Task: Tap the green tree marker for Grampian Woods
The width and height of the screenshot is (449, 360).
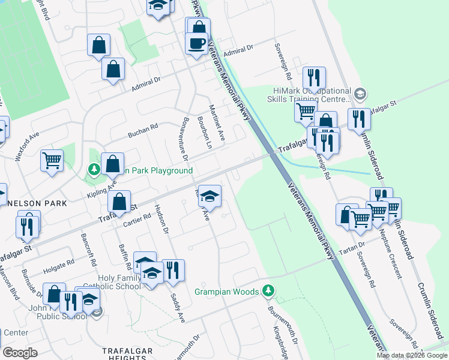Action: (269, 292)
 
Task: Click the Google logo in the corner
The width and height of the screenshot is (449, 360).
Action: (21, 353)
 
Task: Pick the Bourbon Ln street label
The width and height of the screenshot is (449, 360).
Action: (206, 137)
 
